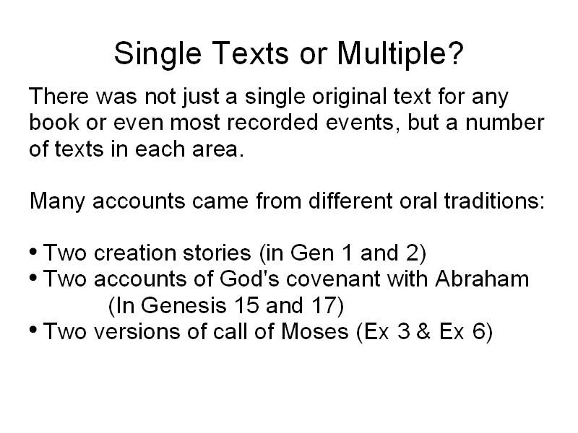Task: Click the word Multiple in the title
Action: coord(400,53)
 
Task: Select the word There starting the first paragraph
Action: coord(59,96)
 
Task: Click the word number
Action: coord(504,122)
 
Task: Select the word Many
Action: coord(57,202)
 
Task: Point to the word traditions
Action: coord(494,201)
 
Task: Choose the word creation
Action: coord(135,253)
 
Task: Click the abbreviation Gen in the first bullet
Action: coord(312,253)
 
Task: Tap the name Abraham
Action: coord(482,279)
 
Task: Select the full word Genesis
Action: coord(184,305)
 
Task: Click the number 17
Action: coord(324,305)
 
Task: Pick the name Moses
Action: coord(315,331)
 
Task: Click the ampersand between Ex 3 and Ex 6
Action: coord(424,331)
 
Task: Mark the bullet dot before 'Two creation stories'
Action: coord(33,252)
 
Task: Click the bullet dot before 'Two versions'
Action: coord(33,330)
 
